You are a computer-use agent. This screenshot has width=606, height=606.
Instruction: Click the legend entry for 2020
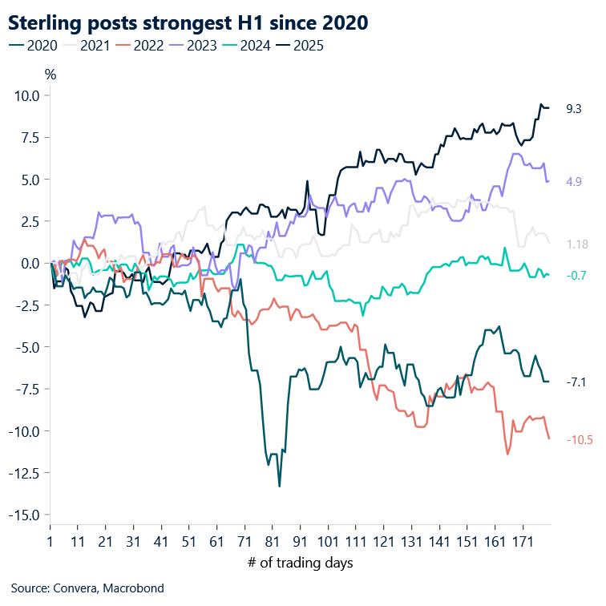[33, 46]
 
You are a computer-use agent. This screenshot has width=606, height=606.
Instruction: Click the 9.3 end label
[573, 108]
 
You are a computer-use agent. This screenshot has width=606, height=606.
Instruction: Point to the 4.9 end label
[573, 182]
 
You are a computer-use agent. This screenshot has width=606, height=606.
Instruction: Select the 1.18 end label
[576, 244]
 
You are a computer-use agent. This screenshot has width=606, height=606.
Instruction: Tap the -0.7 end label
[576, 276]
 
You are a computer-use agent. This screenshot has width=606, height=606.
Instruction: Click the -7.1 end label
[576, 382]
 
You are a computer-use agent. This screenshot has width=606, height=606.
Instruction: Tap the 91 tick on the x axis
[301, 542]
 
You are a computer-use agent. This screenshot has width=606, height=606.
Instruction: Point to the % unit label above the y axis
[50, 75]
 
